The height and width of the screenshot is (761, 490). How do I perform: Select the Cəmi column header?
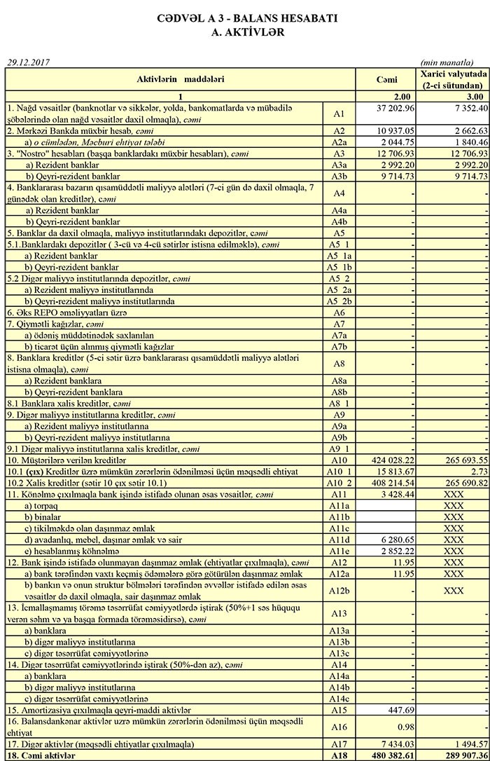(387, 79)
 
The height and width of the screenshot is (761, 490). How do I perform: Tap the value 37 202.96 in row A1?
(396, 108)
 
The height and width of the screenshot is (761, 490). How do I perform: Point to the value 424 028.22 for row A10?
(396, 460)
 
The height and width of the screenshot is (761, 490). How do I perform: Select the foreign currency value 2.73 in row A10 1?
(477, 472)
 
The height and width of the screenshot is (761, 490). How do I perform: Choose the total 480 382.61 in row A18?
(396, 755)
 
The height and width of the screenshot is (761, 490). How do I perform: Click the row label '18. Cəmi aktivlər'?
(42, 755)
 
